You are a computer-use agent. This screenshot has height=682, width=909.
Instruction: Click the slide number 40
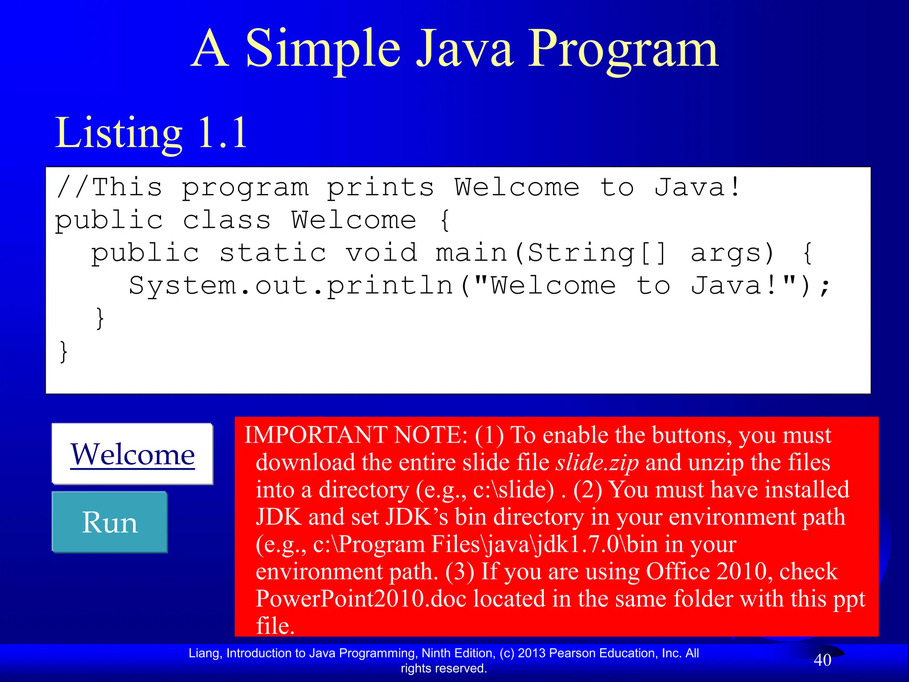click(x=822, y=660)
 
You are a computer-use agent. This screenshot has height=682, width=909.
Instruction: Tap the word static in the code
click(x=273, y=253)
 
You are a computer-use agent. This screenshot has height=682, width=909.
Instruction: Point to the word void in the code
click(x=382, y=253)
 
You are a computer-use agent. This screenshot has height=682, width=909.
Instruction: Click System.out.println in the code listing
click(x=291, y=285)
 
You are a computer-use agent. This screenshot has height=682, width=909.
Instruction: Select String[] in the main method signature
click(x=597, y=253)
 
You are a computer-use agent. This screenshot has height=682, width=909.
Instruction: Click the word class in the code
click(x=226, y=220)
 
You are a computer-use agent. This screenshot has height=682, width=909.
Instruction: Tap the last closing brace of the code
click(x=64, y=352)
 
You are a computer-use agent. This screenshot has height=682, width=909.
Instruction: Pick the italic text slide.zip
click(x=597, y=462)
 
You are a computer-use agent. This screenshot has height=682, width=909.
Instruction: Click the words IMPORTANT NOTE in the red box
click(x=356, y=435)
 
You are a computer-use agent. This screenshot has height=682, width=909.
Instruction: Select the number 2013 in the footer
click(x=532, y=653)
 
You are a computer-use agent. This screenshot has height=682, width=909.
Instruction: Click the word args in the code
click(x=732, y=253)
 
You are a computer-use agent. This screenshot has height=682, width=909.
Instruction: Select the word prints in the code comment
click(x=380, y=187)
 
